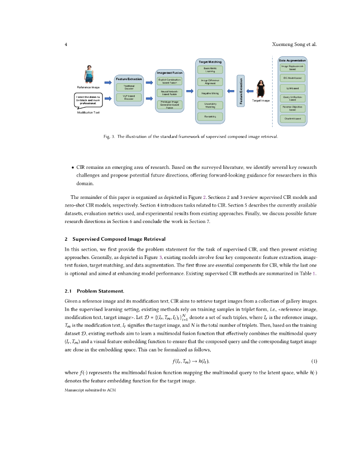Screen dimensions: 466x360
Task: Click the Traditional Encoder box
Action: pyautogui.click(x=129, y=87)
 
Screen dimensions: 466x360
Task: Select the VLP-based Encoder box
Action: pyautogui.click(x=129, y=97)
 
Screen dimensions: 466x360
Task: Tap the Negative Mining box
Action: pyautogui.click(x=210, y=93)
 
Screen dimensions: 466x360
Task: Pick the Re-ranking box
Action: pyautogui.click(x=210, y=117)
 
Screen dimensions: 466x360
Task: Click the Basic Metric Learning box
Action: pyautogui.click(x=210, y=70)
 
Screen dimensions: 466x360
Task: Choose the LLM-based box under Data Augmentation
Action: pyautogui.click(x=293, y=88)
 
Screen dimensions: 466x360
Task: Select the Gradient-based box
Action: pyautogui.click(x=293, y=119)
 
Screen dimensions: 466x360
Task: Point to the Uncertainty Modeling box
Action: pyautogui.click(x=210, y=105)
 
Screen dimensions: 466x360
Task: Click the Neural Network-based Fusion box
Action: pyautogui.click(x=169, y=93)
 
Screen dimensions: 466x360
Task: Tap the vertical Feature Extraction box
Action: pyautogui.click(x=242, y=91)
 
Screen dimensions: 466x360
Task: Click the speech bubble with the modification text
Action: pyautogui.click(x=88, y=100)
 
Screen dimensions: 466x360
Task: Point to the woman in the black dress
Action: pyautogui.click(x=261, y=89)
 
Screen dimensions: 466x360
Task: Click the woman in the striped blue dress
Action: pyautogui.click(x=88, y=74)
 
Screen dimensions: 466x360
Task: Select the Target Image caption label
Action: pyautogui.click(x=261, y=101)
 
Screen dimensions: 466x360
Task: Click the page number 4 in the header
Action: pyautogui.click(x=66, y=45)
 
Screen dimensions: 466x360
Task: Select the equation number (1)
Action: pyautogui.click(x=314, y=361)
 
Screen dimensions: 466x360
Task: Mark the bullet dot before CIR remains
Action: pyautogui.click(x=73, y=167)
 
